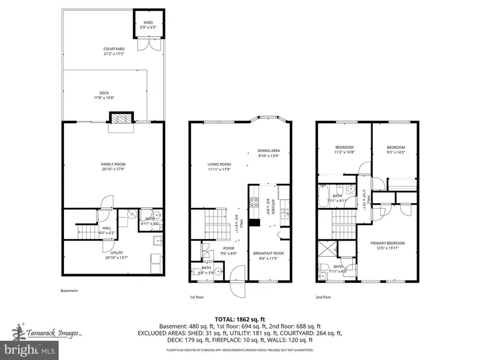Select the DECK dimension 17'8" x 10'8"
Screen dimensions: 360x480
[104, 98]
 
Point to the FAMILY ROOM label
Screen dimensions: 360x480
[113, 164]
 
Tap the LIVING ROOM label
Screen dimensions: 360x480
[219, 164]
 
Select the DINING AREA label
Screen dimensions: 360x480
[269, 150]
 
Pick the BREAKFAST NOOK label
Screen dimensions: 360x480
[269, 253]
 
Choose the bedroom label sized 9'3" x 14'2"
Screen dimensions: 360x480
[395, 147]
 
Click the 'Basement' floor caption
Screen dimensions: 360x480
[69, 291]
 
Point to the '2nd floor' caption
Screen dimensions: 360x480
[324, 297]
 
